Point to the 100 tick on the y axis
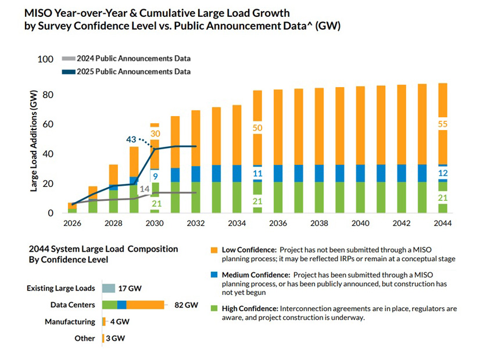pos(44,59)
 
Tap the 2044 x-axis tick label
pos(442,222)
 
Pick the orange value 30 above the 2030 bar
pos(155,134)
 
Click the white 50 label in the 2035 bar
pos(257,127)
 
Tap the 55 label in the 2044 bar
pos(443,124)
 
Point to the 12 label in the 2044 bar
pos(443,173)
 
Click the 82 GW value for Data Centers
pos(186,305)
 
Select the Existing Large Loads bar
pos(108,288)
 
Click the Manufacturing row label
pos(70,322)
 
